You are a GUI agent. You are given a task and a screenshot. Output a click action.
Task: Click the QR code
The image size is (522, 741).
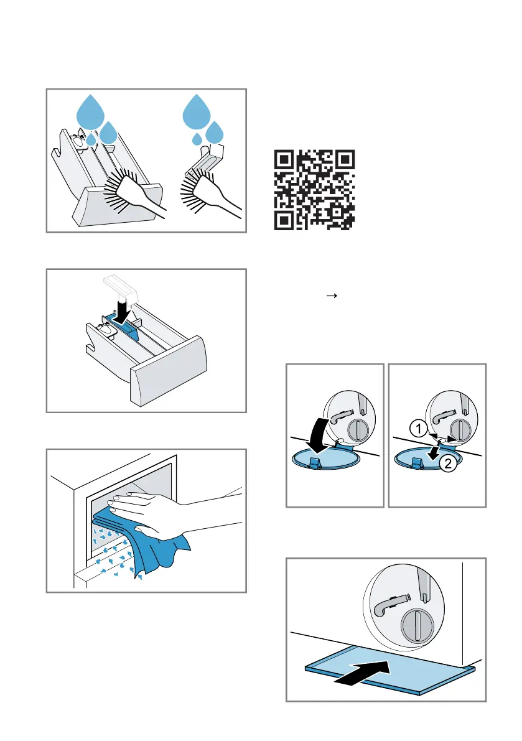click(x=314, y=190)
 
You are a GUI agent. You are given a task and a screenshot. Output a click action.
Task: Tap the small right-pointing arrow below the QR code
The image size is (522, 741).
click(x=332, y=296)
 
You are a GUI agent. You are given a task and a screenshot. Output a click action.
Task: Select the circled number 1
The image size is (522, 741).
click(x=418, y=429)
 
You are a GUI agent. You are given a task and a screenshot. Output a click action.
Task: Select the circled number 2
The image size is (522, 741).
click(x=448, y=463)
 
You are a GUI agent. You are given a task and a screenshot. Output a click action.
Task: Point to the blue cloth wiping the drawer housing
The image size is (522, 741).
click(x=142, y=544)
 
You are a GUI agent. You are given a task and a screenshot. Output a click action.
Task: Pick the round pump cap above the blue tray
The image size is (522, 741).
click(x=417, y=625)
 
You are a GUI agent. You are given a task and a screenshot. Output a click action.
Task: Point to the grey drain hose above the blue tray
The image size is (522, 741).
click(x=389, y=605)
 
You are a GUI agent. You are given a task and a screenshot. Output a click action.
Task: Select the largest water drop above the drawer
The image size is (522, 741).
click(x=91, y=113)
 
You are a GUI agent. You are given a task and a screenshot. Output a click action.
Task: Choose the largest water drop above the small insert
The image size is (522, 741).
click(x=197, y=113)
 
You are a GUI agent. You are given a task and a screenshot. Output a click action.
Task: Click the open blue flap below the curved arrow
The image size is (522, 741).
click(x=326, y=459)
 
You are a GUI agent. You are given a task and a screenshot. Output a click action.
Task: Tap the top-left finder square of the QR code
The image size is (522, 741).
click(x=284, y=160)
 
